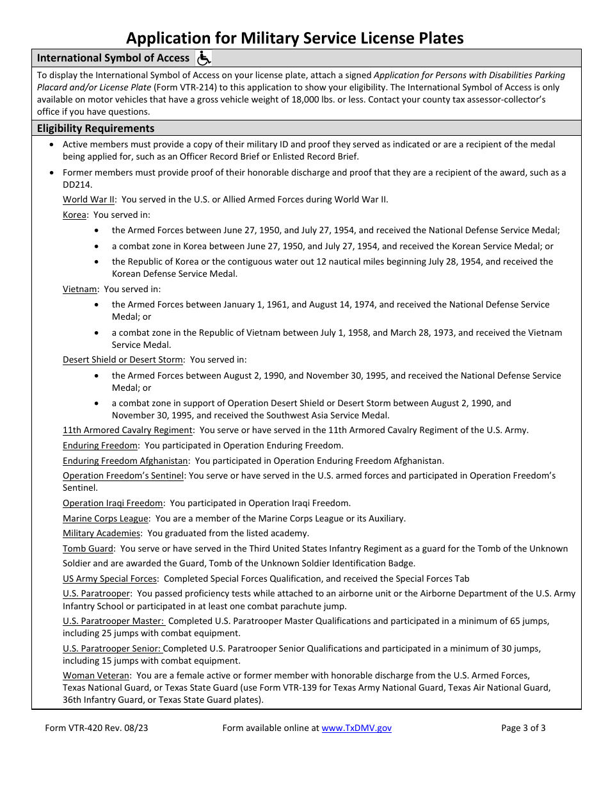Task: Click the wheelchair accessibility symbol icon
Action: (x=203, y=58)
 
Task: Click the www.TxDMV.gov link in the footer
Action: (x=356, y=728)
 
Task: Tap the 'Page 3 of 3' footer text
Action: (x=524, y=728)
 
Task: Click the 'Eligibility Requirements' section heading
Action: (x=95, y=128)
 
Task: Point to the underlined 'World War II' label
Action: (x=89, y=199)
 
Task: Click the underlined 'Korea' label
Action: (x=74, y=215)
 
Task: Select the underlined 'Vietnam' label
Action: (x=80, y=289)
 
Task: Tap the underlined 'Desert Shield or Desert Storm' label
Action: (x=123, y=359)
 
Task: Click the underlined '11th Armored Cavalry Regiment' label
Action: (x=127, y=430)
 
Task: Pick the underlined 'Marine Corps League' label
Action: (x=106, y=518)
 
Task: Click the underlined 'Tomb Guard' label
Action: (x=88, y=548)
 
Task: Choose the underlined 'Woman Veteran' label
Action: (x=96, y=675)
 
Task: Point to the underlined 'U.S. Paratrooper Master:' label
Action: (x=113, y=621)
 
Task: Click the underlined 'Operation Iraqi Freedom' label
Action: (x=113, y=503)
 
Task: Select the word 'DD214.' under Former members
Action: (x=77, y=184)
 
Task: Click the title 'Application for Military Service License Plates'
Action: (x=294, y=38)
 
